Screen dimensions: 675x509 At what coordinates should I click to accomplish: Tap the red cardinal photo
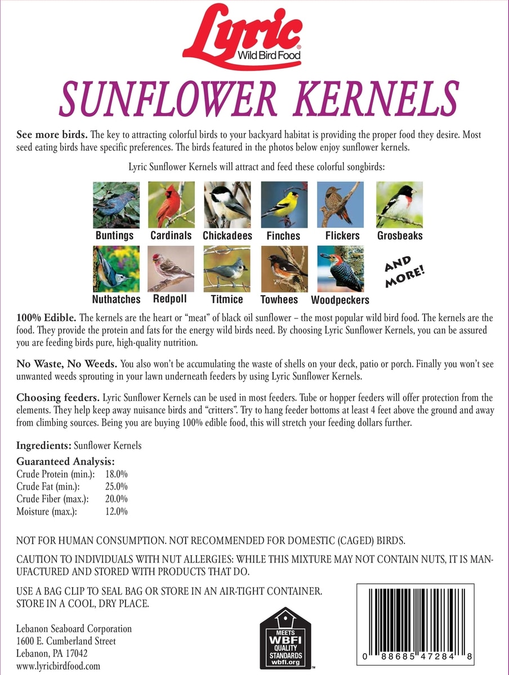171,204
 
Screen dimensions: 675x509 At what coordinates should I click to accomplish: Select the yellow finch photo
284,204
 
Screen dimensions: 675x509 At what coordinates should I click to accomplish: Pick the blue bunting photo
116,204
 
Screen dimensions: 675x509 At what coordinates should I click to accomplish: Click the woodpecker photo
340,268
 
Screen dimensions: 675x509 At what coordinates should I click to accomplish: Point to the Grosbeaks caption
400,236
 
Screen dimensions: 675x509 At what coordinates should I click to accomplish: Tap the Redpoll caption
170,299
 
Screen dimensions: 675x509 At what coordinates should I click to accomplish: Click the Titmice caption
227,299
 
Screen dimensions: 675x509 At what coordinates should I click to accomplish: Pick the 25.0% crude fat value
117,486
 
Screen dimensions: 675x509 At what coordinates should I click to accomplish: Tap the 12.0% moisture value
117,511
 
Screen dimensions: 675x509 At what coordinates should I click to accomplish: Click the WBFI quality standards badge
285,638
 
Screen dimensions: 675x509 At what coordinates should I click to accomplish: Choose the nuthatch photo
116,268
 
